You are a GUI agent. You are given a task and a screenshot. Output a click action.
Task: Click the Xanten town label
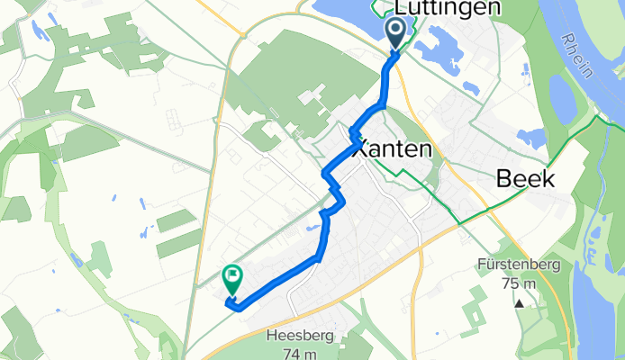click(395, 149)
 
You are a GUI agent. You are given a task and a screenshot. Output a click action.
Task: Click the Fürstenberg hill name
click(521, 265)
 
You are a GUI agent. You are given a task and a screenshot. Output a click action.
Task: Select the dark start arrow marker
click(396, 34)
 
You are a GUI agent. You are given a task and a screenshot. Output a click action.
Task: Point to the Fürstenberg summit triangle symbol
click(520, 303)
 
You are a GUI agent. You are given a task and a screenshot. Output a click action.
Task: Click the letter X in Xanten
click(358, 149)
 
